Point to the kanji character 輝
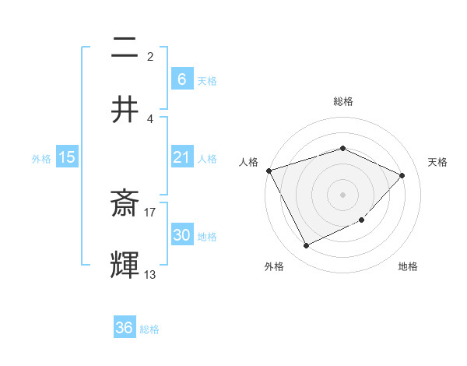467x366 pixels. pyautogui.click(x=125, y=265)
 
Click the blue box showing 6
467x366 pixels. pyautogui.click(x=181, y=79)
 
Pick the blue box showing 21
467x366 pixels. pyautogui.click(x=181, y=157)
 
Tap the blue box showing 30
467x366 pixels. pyautogui.click(x=181, y=235)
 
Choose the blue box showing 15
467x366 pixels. pyautogui.click(x=67, y=157)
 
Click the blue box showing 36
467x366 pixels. pyautogui.click(x=125, y=328)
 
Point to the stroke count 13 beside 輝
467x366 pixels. pyautogui.click(x=150, y=274)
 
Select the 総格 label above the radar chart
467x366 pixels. pyautogui.click(x=342, y=101)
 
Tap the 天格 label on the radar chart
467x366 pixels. pyautogui.click(x=437, y=162)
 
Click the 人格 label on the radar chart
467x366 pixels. pyautogui.click(x=249, y=162)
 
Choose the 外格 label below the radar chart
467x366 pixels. pyautogui.click(x=273, y=266)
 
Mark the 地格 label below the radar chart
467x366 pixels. pyautogui.click(x=408, y=266)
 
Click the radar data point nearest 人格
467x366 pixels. pyautogui.click(x=269, y=171)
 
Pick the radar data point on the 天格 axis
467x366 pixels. pyautogui.click(x=402, y=175)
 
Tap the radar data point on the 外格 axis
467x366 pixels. pyautogui.click(x=306, y=246)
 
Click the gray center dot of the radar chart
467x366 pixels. pyautogui.click(x=342, y=195)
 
